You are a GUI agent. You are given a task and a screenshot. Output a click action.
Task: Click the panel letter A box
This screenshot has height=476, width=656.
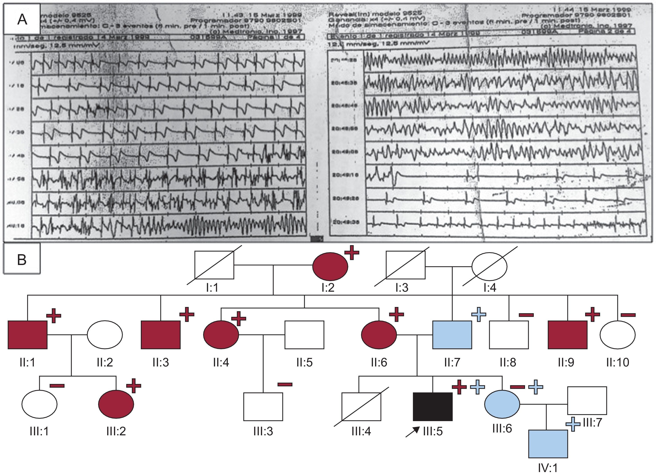click(x=22, y=20)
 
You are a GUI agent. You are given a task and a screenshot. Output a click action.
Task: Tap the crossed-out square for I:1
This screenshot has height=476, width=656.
click(x=214, y=265)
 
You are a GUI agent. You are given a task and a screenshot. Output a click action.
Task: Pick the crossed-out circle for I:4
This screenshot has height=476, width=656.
click(x=489, y=265)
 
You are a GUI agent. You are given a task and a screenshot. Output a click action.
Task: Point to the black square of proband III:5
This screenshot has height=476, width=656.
click(x=433, y=406)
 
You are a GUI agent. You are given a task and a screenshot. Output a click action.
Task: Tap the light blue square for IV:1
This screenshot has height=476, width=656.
click(x=548, y=444)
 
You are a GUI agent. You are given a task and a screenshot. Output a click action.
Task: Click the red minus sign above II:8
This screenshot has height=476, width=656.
click(x=526, y=315)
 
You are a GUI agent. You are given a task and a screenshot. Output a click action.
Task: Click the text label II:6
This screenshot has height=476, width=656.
click(x=379, y=362)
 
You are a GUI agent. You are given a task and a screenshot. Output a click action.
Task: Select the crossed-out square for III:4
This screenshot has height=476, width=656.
click(x=361, y=406)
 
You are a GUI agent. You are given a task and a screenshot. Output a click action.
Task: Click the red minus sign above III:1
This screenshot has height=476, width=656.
click(x=57, y=385)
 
